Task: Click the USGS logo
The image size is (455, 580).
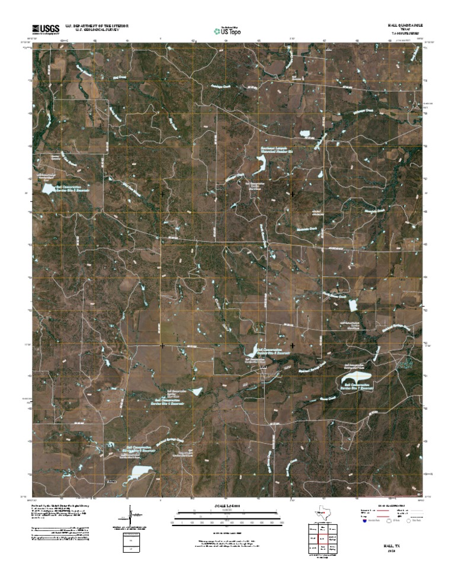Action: [46, 28]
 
